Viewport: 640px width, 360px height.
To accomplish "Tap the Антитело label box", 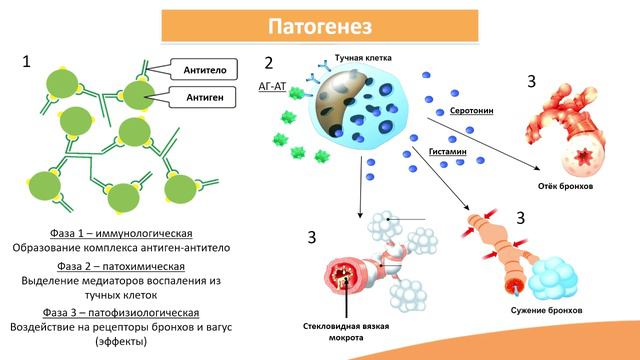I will pos(210,69).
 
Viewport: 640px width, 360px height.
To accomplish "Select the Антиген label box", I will pos(210,96).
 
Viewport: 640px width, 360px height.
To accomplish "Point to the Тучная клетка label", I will pos(350,59).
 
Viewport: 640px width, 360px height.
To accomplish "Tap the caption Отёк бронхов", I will pos(566,187).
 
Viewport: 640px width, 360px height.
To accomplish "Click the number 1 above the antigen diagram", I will pos(27,62).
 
